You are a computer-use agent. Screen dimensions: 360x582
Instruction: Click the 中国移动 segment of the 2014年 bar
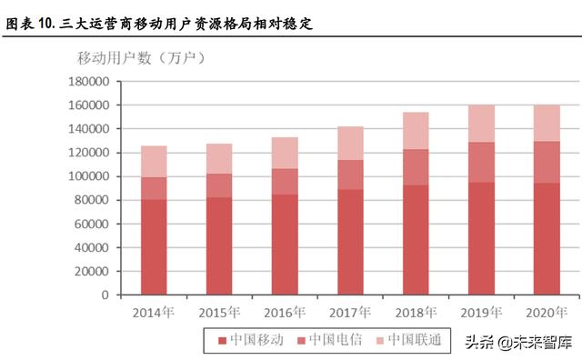pyautogui.click(x=154, y=247)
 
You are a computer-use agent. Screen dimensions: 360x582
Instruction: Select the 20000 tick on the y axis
pyautogui.click(x=92, y=271)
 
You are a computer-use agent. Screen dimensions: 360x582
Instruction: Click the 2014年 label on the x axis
pyautogui.click(x=154, y=312)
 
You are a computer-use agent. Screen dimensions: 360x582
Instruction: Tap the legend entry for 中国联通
pyautogui.click(x=408, y=341)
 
